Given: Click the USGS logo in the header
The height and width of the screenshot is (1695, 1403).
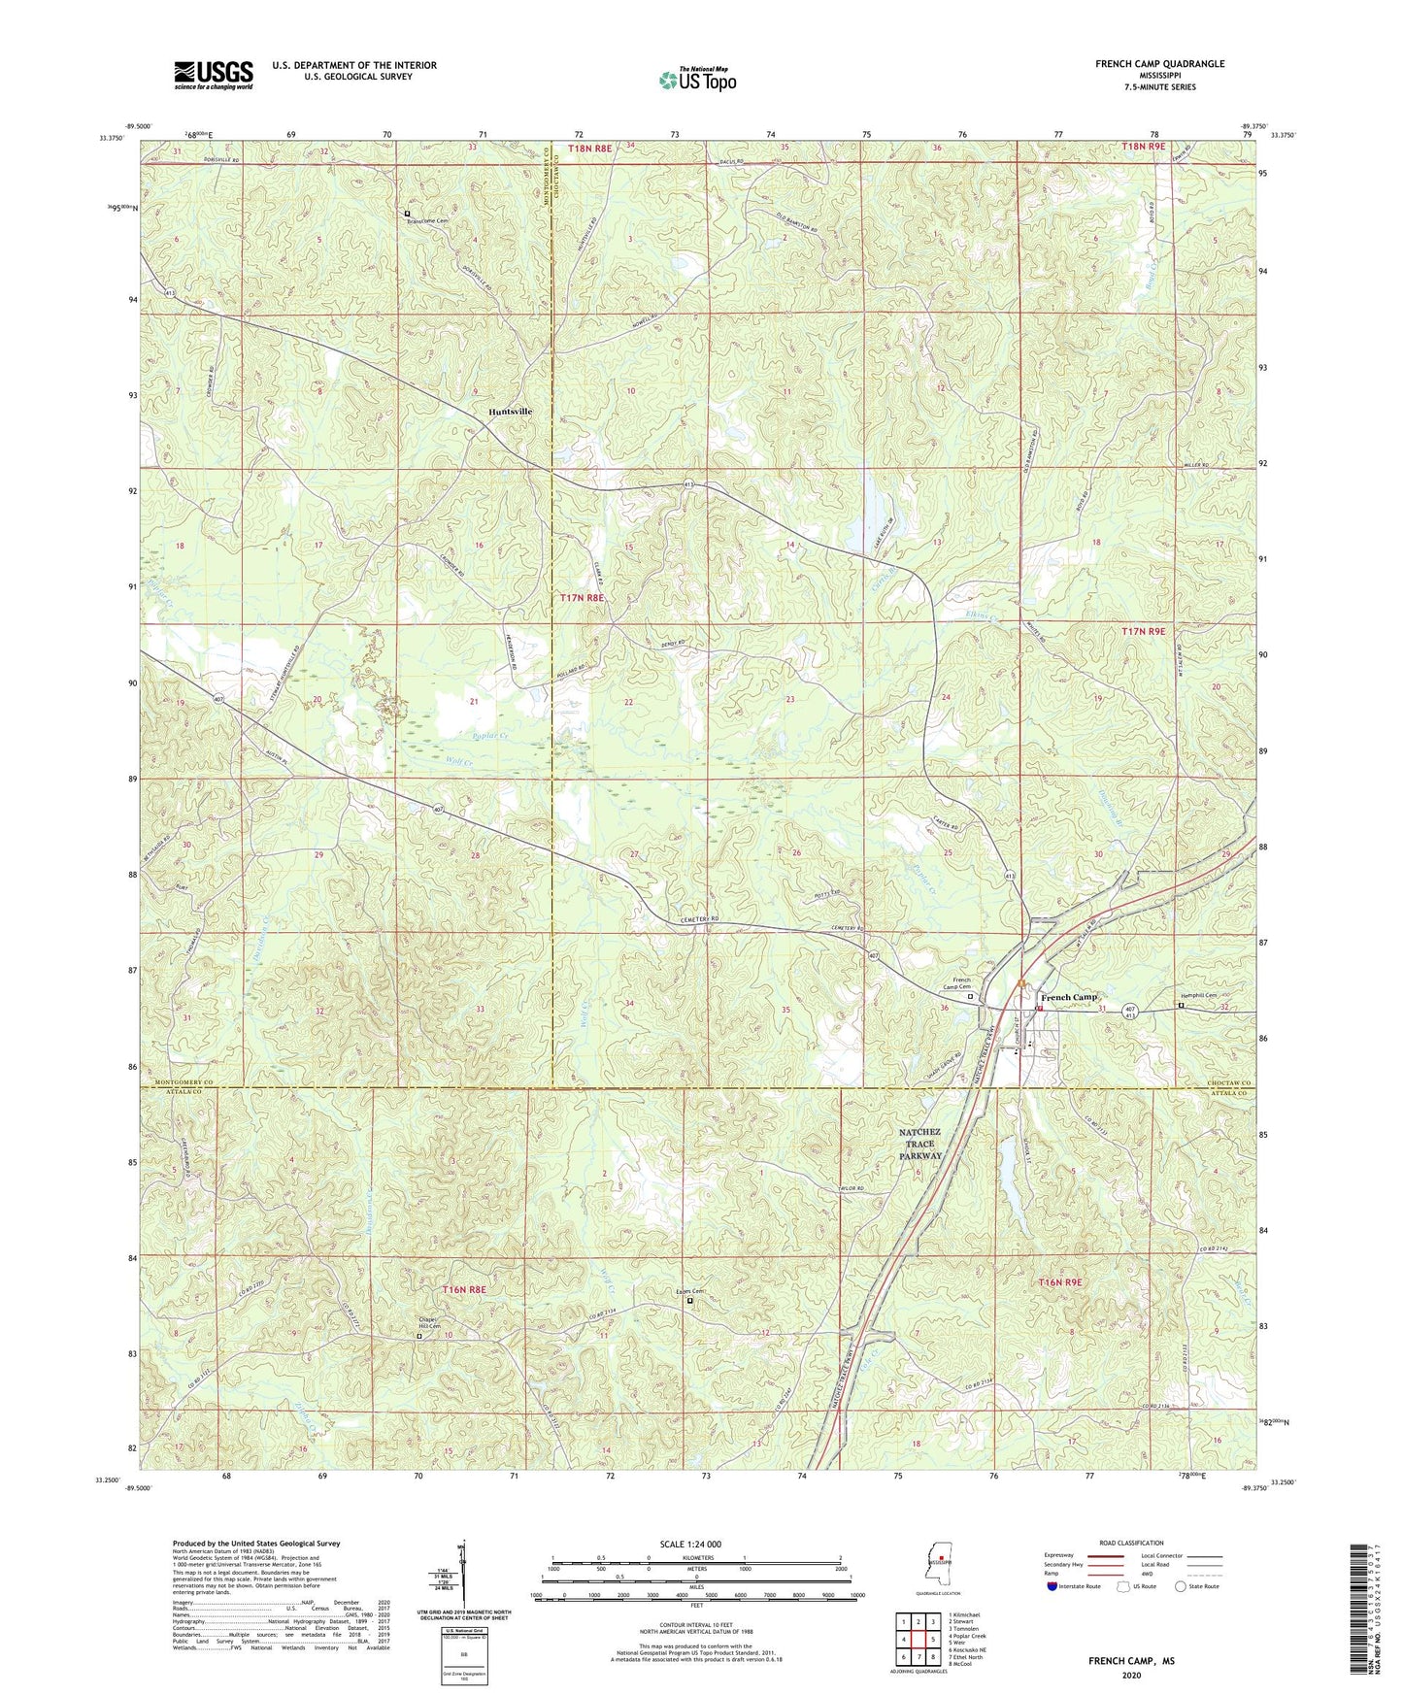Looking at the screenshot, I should pos(214,74).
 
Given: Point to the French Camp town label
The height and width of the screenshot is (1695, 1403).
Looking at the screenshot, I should pos(1068,997).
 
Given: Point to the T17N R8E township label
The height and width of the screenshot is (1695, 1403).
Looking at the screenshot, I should pos(582,599).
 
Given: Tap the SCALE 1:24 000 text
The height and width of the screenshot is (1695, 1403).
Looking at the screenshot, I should pos(689,1544).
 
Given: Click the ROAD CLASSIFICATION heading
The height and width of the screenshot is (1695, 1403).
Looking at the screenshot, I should pos(1130,1543).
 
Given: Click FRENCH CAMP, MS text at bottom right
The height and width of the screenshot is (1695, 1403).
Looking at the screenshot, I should pos(1131,1661).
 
